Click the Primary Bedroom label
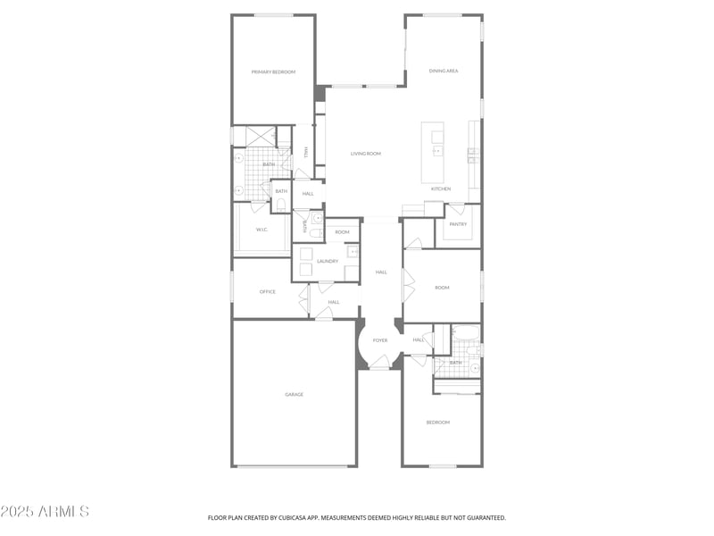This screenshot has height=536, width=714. point(273,71)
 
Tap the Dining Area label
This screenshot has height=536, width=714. point(444,71)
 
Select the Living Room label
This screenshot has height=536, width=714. point(366,154)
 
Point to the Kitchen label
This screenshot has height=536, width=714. point(441,189)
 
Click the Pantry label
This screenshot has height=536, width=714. point(458,224)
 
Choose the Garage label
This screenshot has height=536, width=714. point(295,394)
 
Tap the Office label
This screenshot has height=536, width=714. point(268,292)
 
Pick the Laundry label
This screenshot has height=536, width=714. point(327,262)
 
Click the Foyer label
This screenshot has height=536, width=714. point(380,340)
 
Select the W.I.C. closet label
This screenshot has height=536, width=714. point(262,230)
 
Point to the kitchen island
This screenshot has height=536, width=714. point(433,152)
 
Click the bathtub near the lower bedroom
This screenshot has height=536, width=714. point(466,335)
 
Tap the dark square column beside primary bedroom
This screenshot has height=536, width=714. point(320,93)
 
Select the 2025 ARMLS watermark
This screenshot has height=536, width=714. point(45,512)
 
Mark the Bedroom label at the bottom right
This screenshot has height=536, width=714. point(437,422)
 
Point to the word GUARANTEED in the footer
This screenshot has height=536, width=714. point(486,517)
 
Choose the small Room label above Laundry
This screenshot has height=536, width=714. point(342,232)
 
